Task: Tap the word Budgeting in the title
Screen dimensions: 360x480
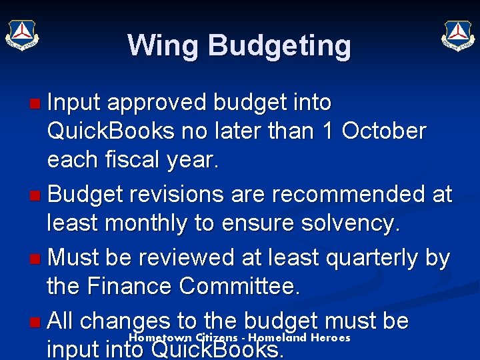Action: point(279,46)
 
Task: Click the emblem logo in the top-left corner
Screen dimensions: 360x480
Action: point(23,34)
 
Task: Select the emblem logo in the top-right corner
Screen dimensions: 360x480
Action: point(457,34)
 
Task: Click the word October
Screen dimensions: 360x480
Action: point(384,131)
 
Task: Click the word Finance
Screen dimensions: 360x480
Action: point(136,287)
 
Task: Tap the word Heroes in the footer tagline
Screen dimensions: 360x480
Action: point(330,338)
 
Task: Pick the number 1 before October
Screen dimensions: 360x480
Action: point(327,131)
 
